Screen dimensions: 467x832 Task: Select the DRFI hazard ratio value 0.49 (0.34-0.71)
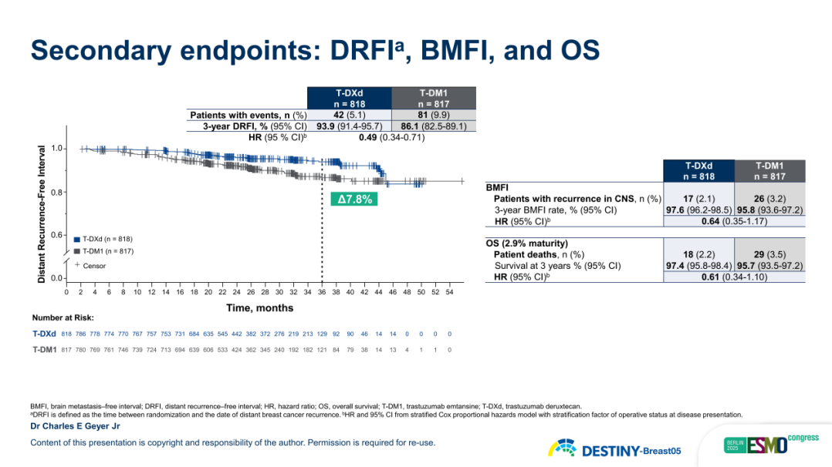point(391,138)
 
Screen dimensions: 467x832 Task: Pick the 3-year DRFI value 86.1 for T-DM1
point(434,126)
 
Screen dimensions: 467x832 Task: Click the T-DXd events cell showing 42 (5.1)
point(349,115)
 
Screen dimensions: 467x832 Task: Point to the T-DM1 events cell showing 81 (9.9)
point(434,115)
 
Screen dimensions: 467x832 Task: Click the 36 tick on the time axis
point(321,292)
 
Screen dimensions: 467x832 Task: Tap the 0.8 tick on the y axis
point(57,192)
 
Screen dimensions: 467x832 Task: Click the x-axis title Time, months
point(259,307)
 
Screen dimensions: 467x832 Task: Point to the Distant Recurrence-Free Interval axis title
point(42,213)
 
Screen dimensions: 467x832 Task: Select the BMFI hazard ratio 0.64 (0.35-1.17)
point(734,222)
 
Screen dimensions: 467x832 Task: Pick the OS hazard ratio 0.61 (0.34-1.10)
point(734,277)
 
